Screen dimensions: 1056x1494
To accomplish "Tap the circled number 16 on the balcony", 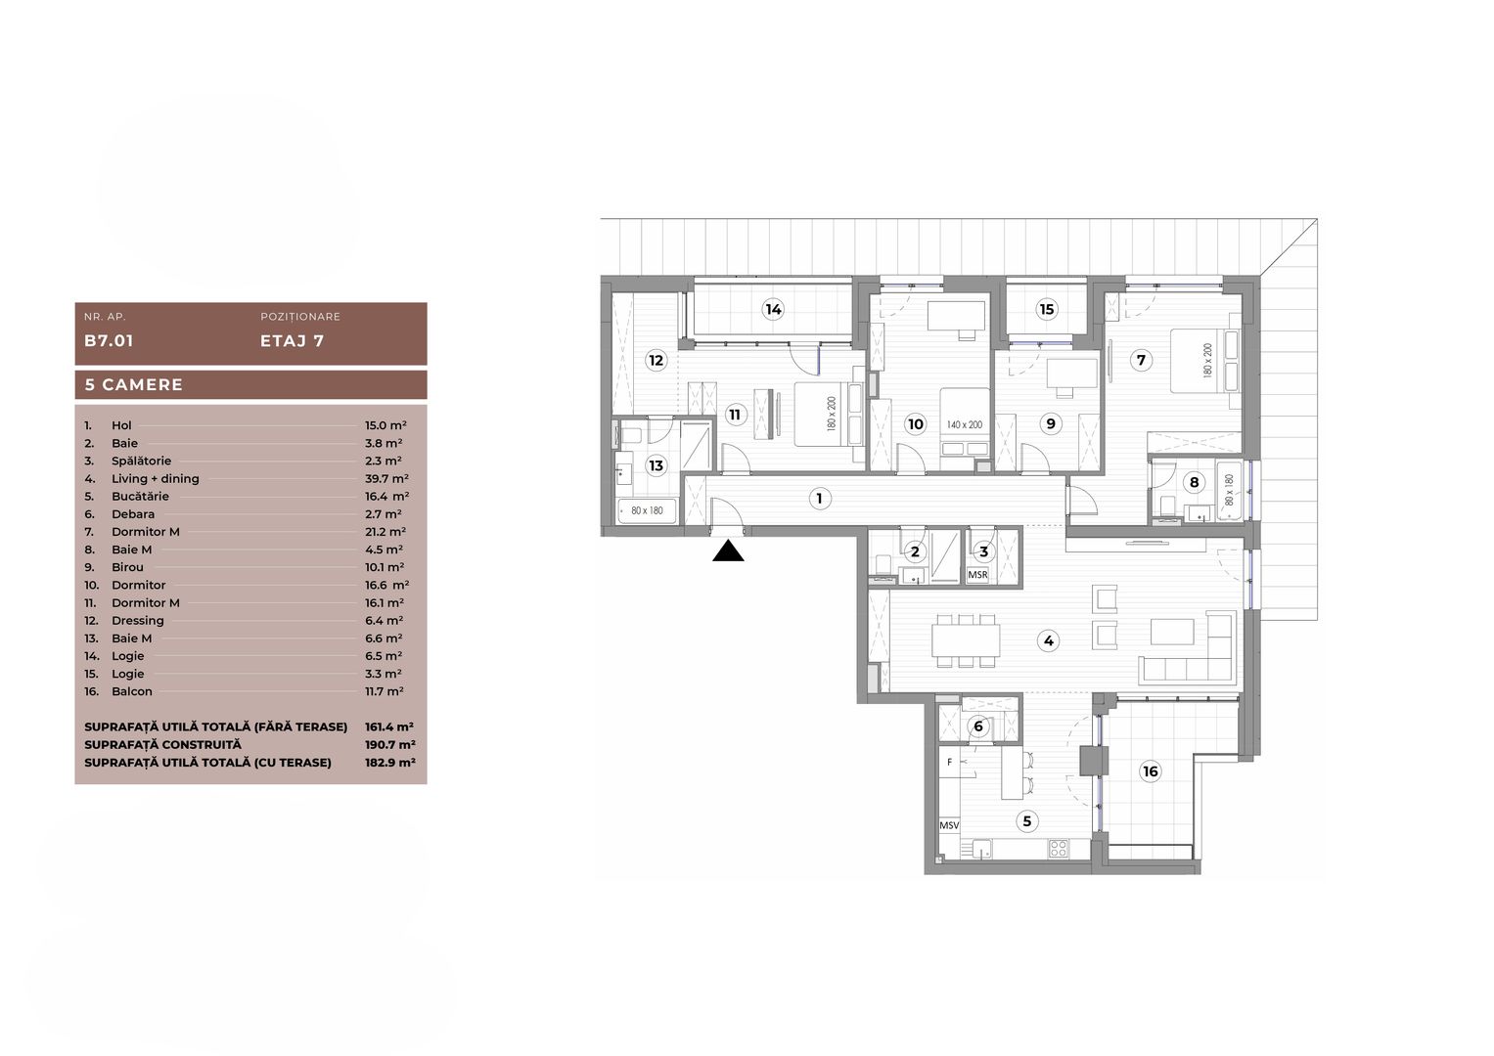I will coord(1150,771).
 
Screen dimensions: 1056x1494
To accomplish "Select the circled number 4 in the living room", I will coord(1048,641).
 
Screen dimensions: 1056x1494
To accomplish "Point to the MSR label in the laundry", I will coord(977,575).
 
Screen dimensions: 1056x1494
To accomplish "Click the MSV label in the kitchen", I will coord(949,825).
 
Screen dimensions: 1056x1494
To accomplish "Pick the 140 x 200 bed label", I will coord(964,425).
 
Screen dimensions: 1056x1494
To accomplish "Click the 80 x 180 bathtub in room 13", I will coord(647,510).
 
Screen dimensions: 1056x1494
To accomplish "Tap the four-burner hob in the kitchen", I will coord(1058,848).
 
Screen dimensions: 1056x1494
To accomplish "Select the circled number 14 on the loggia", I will coord(773,310).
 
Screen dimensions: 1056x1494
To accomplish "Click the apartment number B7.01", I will coord(109,341).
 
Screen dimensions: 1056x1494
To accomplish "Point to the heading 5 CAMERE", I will coord(134,384).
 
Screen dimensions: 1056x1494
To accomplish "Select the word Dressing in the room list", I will coord(138,621).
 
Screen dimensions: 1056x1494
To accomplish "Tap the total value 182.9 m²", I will coord(389,763).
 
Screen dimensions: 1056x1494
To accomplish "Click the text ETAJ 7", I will coord(292,341).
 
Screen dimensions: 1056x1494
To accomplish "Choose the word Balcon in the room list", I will coord(132,691).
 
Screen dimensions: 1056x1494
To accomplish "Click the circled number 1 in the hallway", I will coord(819,499).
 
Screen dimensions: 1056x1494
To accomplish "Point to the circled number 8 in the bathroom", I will coord(1194,482).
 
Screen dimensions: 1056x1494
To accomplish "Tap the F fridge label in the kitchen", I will coord(949,762).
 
